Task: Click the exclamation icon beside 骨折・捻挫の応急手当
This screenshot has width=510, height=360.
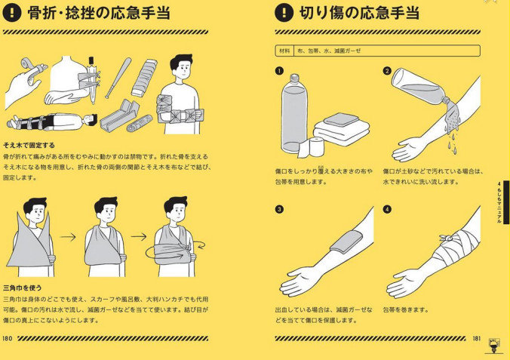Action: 14,13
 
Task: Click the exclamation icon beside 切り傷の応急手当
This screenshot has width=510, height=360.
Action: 283,13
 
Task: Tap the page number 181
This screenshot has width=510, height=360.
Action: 477,338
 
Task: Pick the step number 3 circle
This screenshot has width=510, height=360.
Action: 278,208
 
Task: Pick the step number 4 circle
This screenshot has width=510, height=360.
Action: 387,208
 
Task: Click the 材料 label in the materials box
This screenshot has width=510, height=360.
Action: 284,51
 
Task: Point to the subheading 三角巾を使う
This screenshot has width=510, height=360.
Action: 26,288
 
